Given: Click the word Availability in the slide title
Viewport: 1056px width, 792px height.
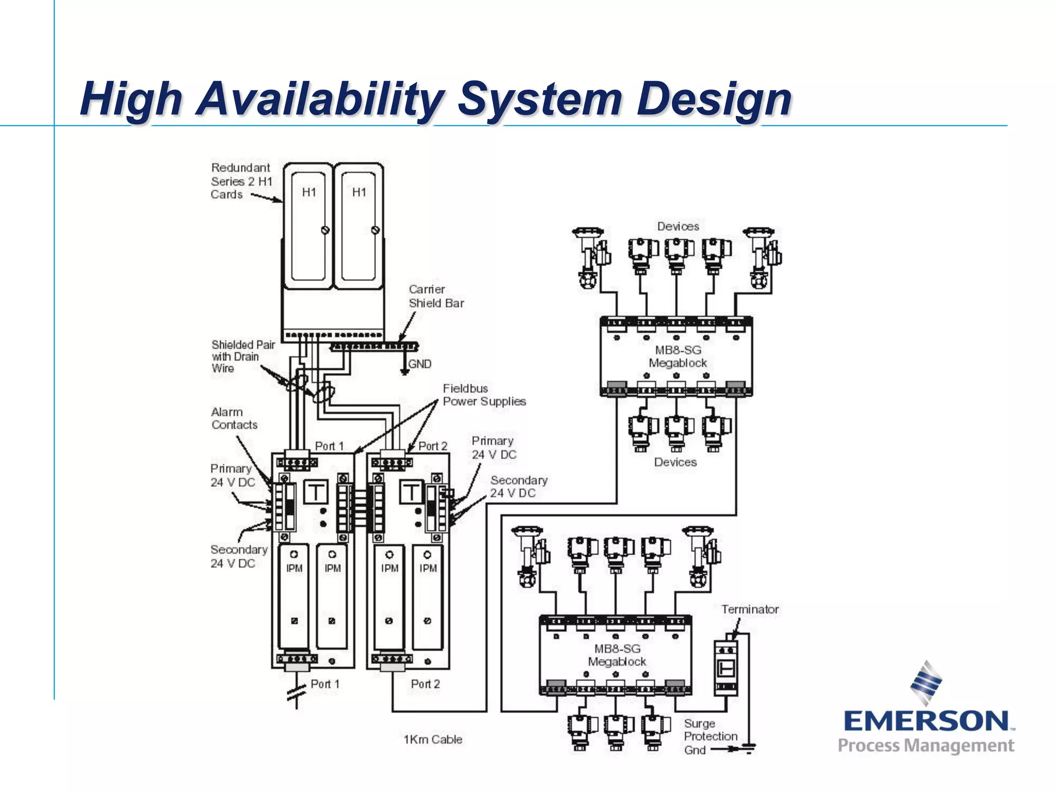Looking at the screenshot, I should click(320, 99).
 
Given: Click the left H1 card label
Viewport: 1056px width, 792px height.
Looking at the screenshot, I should click(309, 192).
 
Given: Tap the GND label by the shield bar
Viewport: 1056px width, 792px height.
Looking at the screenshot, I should click(420, 364).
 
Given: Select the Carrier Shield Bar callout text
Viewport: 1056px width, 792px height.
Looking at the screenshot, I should click(436, 296).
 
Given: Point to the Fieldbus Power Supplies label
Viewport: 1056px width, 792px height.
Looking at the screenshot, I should click(484, 395).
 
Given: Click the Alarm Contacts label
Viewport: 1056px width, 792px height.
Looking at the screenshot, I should click(234, 418).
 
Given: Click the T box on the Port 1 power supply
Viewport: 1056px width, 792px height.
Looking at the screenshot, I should click(316, 492).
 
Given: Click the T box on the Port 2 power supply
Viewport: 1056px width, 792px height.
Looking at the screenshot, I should click(411, 492).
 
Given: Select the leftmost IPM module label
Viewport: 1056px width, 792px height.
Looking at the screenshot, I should click(294, 568).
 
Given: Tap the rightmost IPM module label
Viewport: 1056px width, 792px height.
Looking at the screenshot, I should click(428, 568).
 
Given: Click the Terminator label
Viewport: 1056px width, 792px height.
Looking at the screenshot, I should click(750, 609).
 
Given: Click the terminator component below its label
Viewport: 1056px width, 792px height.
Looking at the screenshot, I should click(726, 668).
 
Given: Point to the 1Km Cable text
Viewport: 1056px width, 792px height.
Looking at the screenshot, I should click(433, 739).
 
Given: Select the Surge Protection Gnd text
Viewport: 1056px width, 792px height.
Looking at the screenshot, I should click(709, 736).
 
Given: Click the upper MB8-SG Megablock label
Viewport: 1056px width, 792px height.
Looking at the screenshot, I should click(678, 356).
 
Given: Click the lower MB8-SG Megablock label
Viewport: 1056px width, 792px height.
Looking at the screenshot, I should click(617, 655).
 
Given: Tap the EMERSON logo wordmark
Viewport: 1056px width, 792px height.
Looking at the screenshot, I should click(926, 721).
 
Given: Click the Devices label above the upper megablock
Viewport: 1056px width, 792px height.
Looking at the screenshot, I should click(678, 226).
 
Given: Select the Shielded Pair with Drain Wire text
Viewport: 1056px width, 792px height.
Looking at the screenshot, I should click(242, 356).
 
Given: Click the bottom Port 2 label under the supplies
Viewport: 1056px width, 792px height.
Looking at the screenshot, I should click(425, 684).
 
